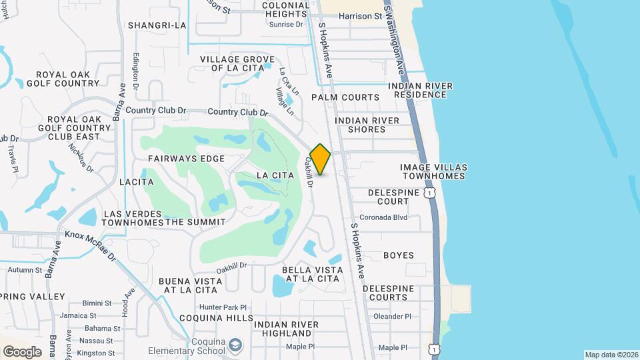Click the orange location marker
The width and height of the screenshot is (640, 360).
321,159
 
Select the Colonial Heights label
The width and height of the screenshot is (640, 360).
286,9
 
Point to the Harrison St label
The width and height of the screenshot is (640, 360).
360,15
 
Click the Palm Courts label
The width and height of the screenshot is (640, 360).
345,97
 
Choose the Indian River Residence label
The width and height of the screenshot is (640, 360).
420,91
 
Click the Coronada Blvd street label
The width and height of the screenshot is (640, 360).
383,217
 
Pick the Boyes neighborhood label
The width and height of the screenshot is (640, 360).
399,255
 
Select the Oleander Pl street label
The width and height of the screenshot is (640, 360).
393,317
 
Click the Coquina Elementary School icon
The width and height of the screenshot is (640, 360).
235,345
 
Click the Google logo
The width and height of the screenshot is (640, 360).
22,352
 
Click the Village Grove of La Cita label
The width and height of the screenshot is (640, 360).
237,63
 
